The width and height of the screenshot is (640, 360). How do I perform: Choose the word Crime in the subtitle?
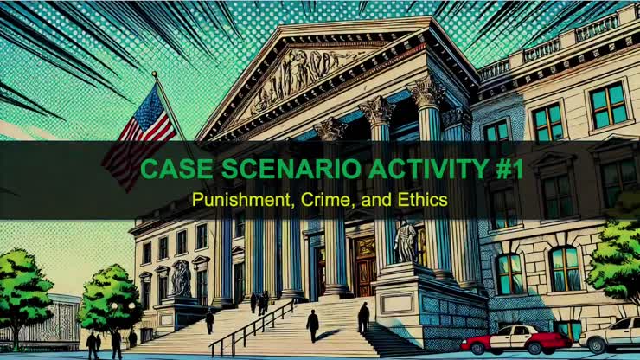(x=326, y=199)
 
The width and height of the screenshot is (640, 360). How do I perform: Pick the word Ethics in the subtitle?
(x=425, y=199)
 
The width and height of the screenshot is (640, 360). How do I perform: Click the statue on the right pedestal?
(x=406, y=241)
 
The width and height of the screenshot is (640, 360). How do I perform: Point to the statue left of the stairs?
(x=182, y=279)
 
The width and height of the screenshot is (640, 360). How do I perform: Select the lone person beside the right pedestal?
(x=363, y=317)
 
